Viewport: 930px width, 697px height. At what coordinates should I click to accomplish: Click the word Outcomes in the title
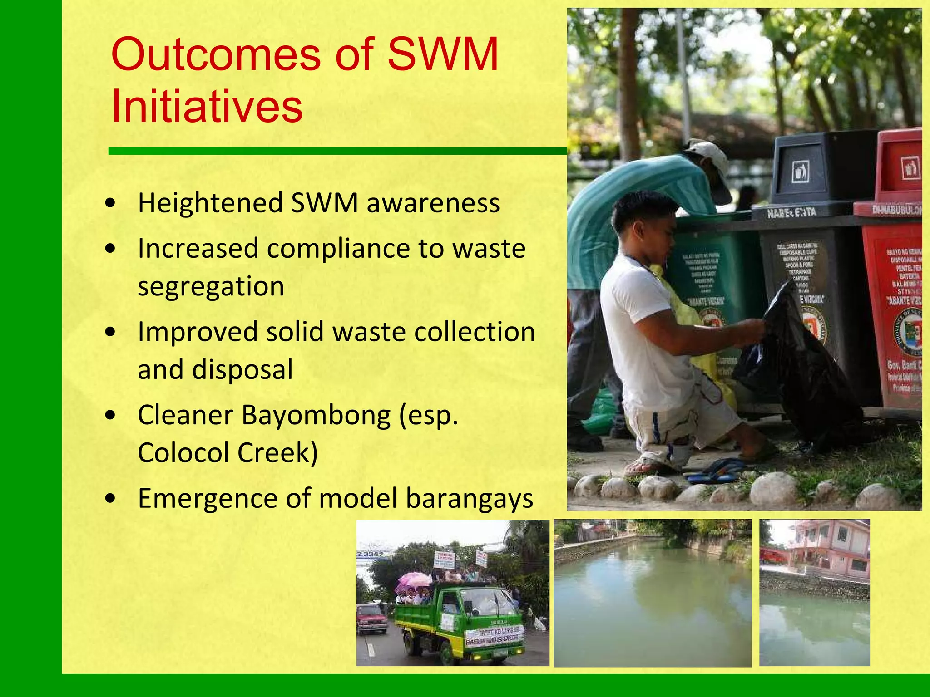[x=216, y=55]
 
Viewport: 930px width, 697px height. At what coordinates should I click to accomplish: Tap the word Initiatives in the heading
[x=207, y=107]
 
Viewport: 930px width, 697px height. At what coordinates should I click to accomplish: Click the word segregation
[x=211, y=287]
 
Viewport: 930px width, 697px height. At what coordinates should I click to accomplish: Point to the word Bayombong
[x=316, y=415]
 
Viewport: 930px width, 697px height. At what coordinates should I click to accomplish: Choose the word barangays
[x=469, y=498]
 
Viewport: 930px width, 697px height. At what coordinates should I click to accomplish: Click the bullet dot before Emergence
[x=110, y=498]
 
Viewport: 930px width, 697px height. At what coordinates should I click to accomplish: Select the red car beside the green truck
[x=372, y=618]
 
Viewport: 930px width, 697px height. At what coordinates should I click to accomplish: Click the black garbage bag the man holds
[x=804, y=377]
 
